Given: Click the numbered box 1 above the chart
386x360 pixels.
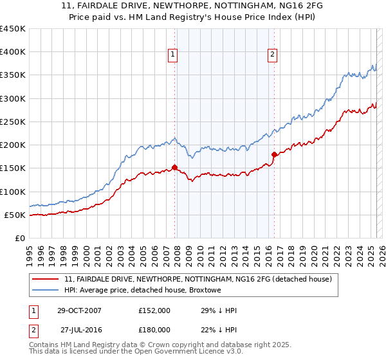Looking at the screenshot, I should click(x=174, y=55).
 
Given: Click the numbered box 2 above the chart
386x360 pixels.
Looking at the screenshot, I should click(x=273, y=55).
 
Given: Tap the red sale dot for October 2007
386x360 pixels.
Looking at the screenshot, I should click(x=175, y=167).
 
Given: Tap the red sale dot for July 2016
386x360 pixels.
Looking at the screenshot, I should click(x=275, y=154).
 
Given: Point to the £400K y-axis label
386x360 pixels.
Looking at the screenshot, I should click(x=13, y=52).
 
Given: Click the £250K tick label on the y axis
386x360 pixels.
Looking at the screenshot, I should click(x=13, y=122).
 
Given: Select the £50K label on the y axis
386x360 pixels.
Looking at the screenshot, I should click(x=15, y=215).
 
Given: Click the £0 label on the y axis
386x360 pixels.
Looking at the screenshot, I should click(x=20, y=238).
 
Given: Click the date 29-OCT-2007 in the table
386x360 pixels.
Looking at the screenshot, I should click(x=79, y=310).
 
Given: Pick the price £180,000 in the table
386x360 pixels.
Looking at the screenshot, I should click(x=154, y=330).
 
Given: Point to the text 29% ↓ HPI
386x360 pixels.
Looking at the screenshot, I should click(x=219, y=310).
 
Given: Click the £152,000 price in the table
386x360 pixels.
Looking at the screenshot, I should click(x=154, y=310).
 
